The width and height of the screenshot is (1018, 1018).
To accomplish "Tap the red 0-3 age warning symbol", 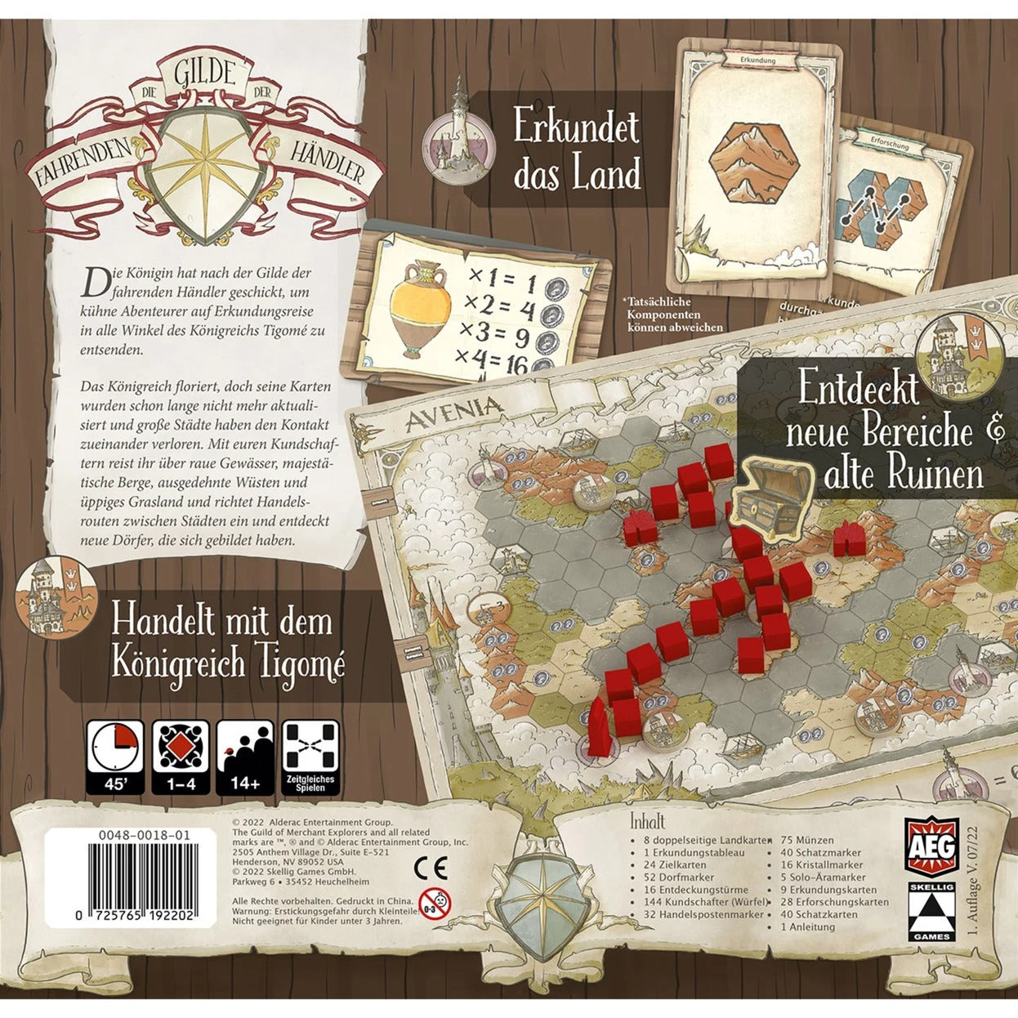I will click(435, 904).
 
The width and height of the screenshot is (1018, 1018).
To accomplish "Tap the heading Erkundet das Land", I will click(576, 151).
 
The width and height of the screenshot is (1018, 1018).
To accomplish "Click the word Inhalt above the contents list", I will click(649, 820).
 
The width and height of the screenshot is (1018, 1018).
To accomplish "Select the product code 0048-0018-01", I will click(122, 836).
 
